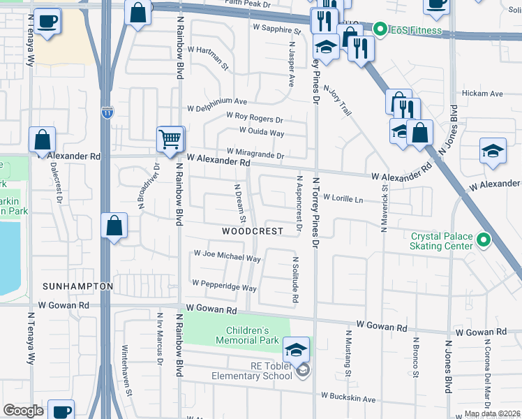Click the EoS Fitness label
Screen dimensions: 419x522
point(416,30)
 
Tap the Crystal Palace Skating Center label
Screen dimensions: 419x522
point(441,242)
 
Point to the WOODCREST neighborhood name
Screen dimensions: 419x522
point(253,231)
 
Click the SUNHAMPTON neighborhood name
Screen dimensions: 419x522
point(77,286)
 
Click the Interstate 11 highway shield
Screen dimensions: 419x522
point(106,112)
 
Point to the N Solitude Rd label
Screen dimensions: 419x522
point(296,279)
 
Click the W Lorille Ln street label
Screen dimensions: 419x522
point(343,199)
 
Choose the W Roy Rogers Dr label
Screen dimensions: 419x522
point(254,119)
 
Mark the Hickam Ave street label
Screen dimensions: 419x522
point(482,94)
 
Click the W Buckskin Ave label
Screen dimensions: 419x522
point(348,396)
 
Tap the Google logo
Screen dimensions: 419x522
point(23,411)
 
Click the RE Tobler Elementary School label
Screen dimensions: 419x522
point(252,370)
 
